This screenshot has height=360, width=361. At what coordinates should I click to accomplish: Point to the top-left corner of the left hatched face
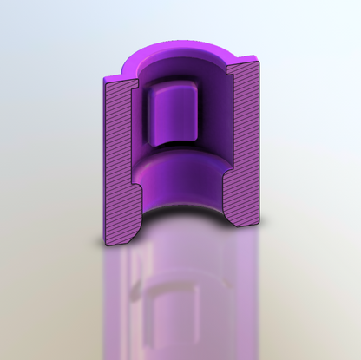[104, 79]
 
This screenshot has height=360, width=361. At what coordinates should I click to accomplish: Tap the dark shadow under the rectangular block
[174, 146]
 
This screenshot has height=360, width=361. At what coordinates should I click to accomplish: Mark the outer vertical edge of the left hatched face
[104, 156]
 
